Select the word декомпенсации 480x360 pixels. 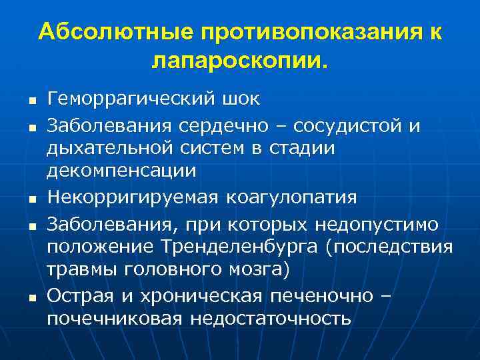click(121, 172)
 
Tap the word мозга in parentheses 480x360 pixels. click(264, 269)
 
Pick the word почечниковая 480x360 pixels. click(115, 318)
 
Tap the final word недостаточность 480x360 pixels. click(270, 318)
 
